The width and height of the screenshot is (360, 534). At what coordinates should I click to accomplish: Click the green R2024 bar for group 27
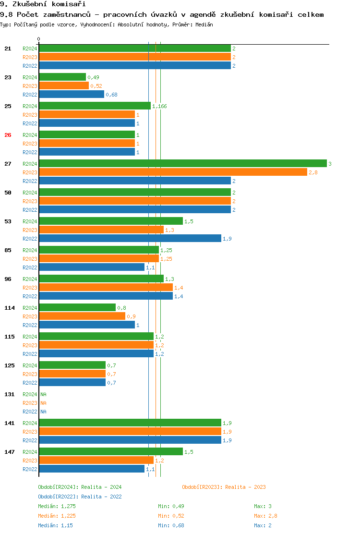click(182, 164)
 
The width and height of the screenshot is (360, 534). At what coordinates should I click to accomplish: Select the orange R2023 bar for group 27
click(173, 172)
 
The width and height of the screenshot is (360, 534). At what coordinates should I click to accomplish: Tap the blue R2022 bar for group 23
click(72, 95)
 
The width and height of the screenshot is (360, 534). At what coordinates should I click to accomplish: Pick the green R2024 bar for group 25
click(95, 106)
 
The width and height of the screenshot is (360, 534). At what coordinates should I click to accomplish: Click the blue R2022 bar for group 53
click(130, 239)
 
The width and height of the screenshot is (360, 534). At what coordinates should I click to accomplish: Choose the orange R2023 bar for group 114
click(82, 316)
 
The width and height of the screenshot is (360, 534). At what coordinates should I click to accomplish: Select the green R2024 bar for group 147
click(111, 452)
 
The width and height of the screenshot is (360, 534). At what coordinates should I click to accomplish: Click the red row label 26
click(8, 135)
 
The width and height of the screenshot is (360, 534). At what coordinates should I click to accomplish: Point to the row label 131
click(10, 394)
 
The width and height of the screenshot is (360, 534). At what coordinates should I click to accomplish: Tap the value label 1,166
click(159, 106)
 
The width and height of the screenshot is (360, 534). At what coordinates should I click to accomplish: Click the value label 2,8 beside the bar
click(313, 172)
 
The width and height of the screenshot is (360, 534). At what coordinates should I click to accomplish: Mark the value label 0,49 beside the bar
click(93, 77)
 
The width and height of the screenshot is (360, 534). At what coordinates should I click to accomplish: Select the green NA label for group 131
click(43, 394)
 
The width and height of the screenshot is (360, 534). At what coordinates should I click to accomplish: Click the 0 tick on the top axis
click(39, 39)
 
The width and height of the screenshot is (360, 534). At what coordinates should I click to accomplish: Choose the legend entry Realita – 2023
click(224, 487)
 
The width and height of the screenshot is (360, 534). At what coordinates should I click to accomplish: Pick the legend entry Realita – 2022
click(80, 497)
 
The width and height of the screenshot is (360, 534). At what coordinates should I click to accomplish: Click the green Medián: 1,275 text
click(57, 506)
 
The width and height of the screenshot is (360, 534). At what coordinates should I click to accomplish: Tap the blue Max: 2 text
click(263, 525)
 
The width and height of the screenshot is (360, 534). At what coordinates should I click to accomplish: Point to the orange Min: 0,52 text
click(171, 516)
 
